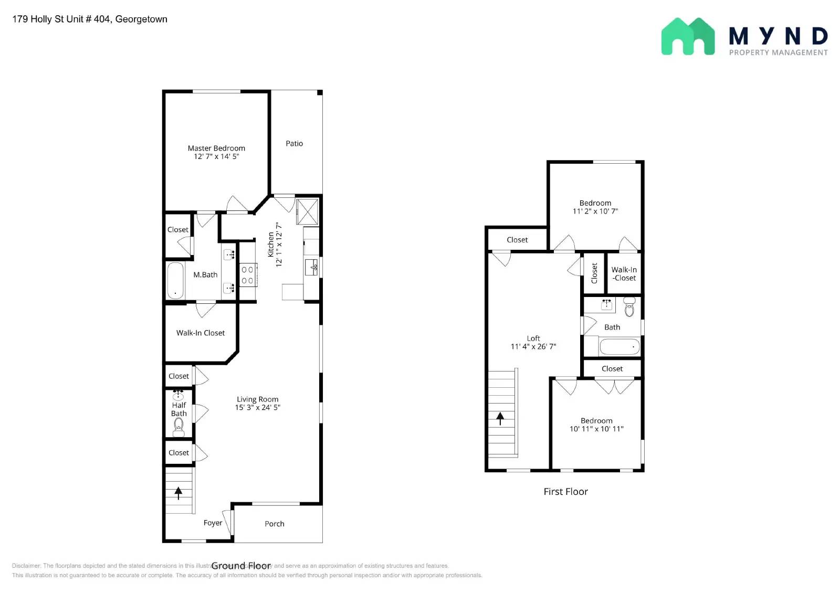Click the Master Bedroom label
216,148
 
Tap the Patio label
294,143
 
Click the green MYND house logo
688,37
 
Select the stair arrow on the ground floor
178,493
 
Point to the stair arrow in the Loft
500,418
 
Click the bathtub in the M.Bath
175,280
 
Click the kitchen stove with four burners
248,275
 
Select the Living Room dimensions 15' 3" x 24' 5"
257,407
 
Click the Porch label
275,524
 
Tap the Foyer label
213,523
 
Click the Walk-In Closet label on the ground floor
200,333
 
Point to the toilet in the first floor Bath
629,307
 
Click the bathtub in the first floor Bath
619,347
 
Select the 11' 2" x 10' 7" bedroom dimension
595,211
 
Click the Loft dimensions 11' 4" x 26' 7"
533,346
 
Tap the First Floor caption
565,492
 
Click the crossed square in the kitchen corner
307,211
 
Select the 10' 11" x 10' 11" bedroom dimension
596,429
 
